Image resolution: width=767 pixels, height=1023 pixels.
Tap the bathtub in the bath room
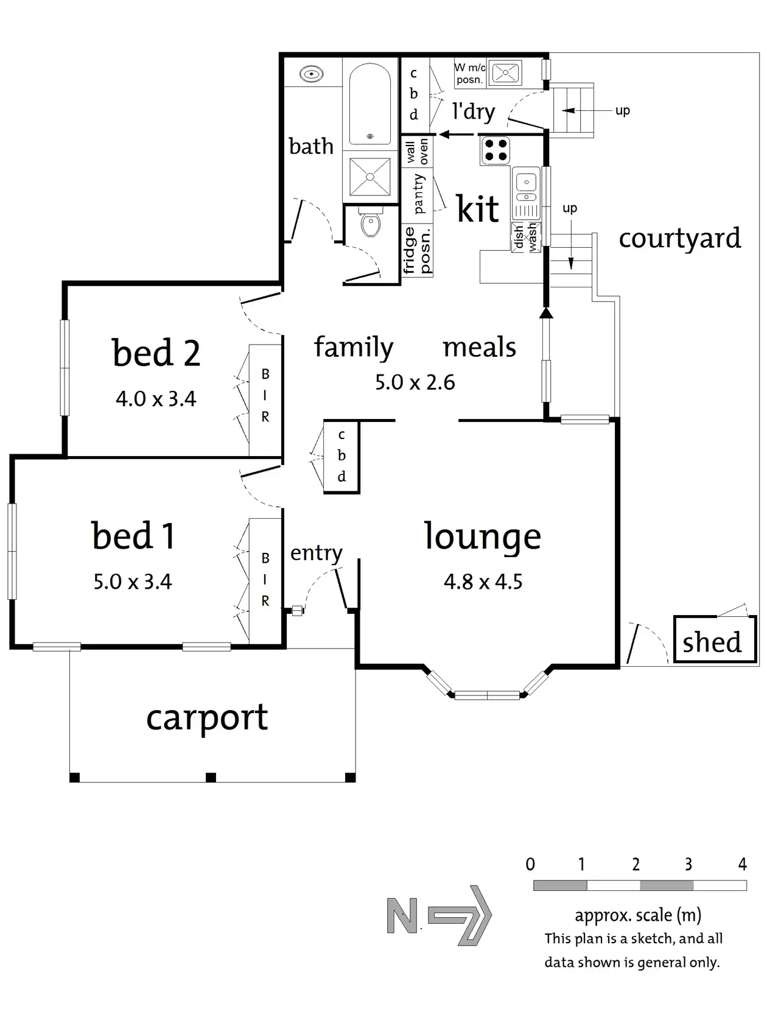pos(370,104)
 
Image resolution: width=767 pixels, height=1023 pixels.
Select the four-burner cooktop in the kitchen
pos(496,150)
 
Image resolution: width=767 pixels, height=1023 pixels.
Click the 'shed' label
pos(712,642)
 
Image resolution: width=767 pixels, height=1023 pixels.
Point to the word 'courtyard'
pos(679,239)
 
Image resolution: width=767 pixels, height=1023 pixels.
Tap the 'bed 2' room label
pos(156,353)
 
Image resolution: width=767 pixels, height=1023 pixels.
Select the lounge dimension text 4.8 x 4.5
pos(483,582)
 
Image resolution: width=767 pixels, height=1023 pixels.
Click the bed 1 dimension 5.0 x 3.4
pos(133,582)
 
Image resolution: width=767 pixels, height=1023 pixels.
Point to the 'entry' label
pos(316,554)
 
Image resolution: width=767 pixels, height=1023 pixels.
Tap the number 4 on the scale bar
pos(742,865)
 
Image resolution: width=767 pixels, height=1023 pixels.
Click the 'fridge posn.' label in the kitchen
pos(417,250)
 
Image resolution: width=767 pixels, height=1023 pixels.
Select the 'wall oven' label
pos(417,152)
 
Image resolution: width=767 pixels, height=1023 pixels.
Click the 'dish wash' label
pos(526,237)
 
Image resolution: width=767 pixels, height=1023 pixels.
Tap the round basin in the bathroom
pos(312,74)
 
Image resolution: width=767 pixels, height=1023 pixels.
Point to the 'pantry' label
pos(418,194)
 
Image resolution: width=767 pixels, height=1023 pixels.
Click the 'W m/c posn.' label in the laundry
pos(470,74)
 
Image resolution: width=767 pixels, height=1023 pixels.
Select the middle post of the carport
pos(211,778)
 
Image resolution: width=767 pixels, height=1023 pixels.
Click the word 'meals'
pos(479,348)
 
